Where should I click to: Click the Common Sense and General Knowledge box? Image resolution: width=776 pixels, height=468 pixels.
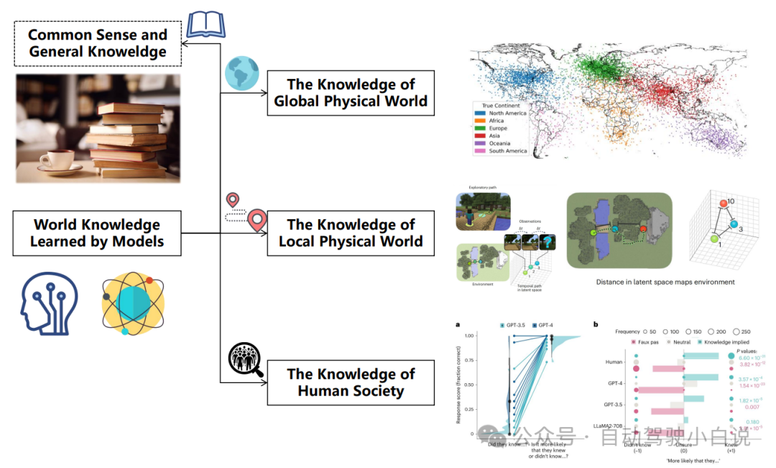click(x=98, y=43)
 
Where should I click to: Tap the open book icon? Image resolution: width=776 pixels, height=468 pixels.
click(x=205, y=23)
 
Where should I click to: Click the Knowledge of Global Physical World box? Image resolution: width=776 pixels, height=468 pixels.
click(x=351, y=93)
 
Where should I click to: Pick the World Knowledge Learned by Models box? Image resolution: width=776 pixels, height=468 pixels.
click(x=97, y=233)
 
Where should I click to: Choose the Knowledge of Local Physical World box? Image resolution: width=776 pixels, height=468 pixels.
click(x=351, y=233)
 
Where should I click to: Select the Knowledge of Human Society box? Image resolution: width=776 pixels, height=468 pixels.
click(x=351, y=382)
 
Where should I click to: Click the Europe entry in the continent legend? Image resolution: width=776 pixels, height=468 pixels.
click(x=497, y=128)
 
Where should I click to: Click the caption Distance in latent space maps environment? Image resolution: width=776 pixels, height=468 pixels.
click(x=665, y=282)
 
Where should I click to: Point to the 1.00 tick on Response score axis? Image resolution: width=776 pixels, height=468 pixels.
click(x=468, y=336)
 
